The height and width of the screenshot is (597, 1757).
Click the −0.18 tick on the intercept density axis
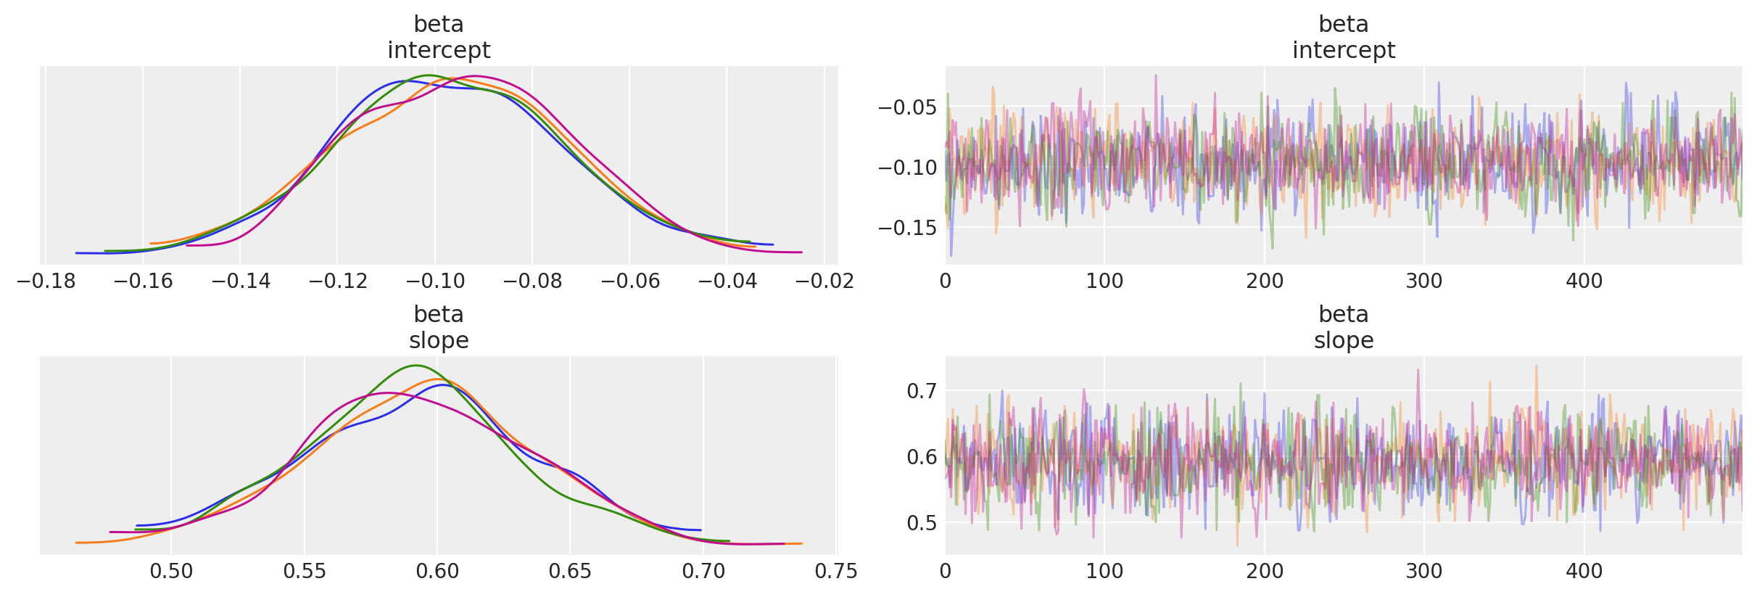click(45, 281)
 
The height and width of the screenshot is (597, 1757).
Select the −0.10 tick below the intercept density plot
click(434, 281)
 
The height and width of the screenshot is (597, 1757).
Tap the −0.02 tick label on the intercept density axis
click(824, 281)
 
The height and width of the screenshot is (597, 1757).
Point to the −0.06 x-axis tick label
click(629, 281)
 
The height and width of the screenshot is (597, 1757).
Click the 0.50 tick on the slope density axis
click(171, 572)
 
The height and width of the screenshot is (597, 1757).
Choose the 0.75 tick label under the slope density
click(836, 572)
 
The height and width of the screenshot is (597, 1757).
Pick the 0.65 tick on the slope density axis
click(570, 572)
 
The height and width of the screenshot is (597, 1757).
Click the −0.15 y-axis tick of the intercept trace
click(907, 228)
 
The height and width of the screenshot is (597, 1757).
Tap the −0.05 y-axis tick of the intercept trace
click(907, 108)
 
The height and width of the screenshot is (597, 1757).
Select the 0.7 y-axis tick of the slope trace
click(921, 392)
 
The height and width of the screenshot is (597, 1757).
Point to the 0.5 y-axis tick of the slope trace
click(921, 523)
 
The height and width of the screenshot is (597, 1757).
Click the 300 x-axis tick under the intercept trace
click(1424, 281)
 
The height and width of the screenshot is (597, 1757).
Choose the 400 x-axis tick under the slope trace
click(1584, 572)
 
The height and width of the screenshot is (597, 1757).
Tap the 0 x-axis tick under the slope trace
click(946, 572)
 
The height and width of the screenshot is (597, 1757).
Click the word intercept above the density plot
click(439, 51)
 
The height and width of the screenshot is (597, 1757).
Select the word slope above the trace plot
click(1344, 341)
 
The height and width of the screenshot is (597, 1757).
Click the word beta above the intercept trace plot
click(1344, 25)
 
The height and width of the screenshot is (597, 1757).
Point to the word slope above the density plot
click(439, 341)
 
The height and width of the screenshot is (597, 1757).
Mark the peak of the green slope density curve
click(416, 366)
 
